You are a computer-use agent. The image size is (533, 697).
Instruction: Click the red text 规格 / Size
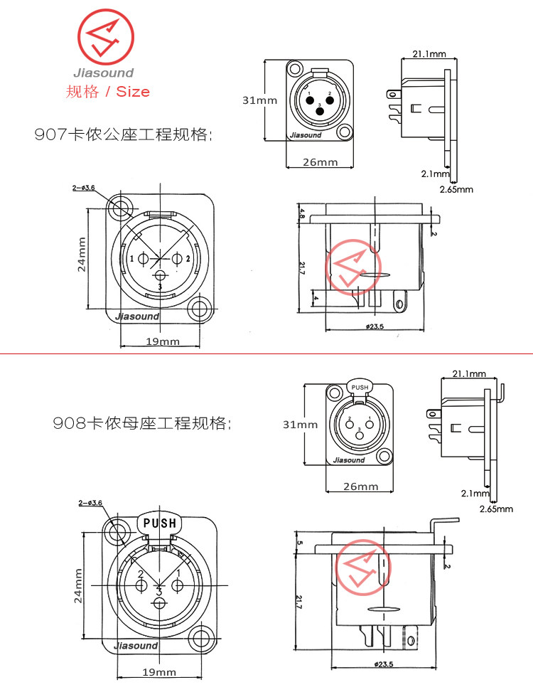coord(107,91)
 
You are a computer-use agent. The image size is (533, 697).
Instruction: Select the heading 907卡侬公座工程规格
coord(123,134)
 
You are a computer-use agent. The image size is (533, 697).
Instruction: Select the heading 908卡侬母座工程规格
coord(141,424)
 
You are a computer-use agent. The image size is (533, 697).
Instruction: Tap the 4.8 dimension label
coord(302,213)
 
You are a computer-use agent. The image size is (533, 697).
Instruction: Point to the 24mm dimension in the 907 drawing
coord(82,254)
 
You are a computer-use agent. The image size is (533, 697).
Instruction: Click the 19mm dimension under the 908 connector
coord(159,672)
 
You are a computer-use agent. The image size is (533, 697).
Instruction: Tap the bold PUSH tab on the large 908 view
coord(160,523)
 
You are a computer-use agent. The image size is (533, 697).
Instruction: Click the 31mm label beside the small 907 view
coord(259,100)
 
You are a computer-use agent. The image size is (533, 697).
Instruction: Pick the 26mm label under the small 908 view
coord(360,487)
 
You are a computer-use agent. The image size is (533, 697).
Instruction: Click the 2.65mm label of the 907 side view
coord(456,190)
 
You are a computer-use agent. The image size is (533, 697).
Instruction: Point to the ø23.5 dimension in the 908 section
coord(382,664)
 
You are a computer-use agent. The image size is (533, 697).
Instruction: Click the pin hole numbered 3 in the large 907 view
coord(160,276)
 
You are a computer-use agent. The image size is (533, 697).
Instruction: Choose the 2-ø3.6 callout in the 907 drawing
coord(83,188)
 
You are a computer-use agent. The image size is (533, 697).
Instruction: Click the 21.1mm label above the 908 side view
coord(468,373)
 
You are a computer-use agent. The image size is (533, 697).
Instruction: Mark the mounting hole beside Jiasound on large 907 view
coord(200,309)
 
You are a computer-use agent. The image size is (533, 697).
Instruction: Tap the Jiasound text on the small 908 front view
coord(349,460)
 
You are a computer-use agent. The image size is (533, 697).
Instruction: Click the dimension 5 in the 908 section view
coord(301,543)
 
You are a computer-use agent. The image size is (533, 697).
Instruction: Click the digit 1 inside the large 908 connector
coord(178,573)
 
